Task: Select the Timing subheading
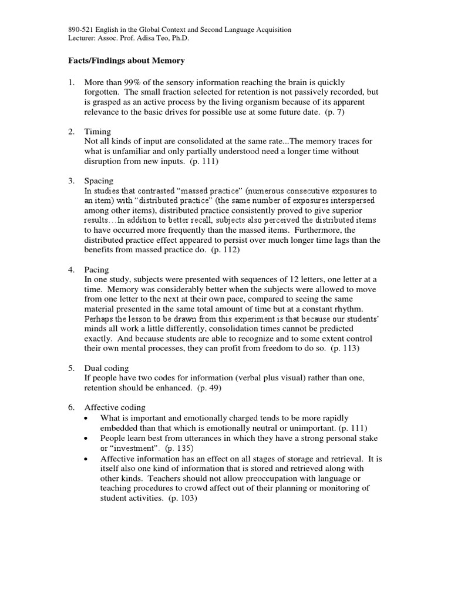click(98, 132)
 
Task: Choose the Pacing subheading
click(97, 269)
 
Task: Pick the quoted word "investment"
click(136, 448)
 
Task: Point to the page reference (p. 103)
click(182, 498)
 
